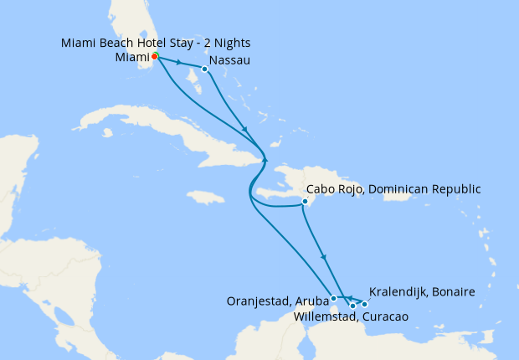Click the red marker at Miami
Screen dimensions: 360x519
[x=155, y=58]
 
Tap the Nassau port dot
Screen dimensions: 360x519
[x=205, y=69]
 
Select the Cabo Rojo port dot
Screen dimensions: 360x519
[x=306, y=202]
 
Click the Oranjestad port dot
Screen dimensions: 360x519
[x=334, y=298]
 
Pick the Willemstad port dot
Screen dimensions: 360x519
[x=352, y=306]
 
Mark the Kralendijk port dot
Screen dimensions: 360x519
[x=364, y=304]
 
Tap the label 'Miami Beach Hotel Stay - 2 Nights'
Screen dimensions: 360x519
[x=156, y=43]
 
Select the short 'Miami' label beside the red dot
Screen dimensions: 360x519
[x=131, y=57]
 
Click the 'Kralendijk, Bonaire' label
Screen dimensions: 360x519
[x=422, y=291]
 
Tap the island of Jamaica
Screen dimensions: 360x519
[x=207, y=198]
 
